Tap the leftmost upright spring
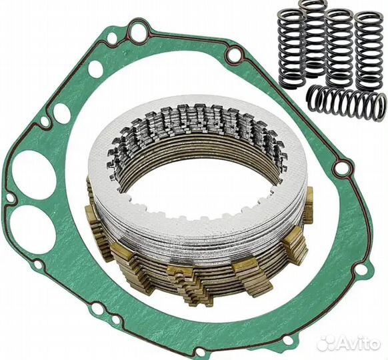(x=292, y=48)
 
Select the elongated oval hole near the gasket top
(x=95, y=68)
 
